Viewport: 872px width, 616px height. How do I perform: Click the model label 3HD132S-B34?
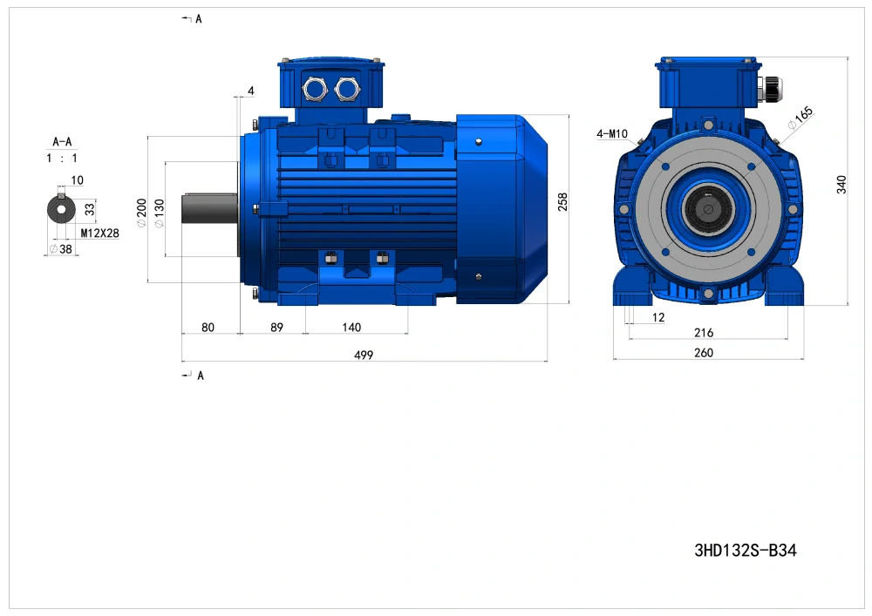pos(746,550)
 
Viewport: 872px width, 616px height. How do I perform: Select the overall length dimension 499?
pos(364,355)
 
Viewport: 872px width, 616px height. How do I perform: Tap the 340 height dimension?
pos(841,185)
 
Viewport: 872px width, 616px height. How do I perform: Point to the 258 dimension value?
pos(562,201)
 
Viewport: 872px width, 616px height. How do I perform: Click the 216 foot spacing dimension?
pos(704,332)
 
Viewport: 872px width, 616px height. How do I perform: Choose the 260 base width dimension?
pos(704,353)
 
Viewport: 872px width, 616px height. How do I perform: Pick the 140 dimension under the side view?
pos(351,327)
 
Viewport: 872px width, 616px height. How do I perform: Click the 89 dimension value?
pos(276,327)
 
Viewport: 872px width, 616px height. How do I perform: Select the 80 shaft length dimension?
pos(208,327)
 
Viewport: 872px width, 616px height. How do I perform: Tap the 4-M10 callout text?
pos(612,133)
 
